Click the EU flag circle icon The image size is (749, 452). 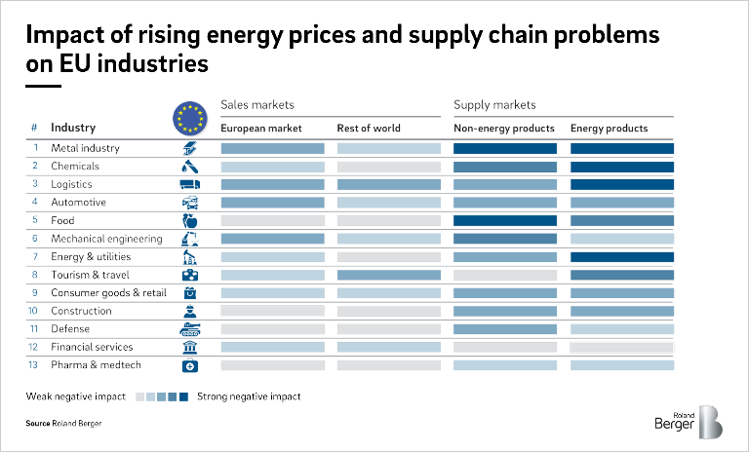pos(190,118)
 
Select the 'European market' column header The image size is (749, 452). pos(261,129)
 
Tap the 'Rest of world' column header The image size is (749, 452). pos(369,129)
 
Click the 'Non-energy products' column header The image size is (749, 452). pos(504,129)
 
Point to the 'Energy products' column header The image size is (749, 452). pos(609,129)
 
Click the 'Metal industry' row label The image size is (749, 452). pos(85,148)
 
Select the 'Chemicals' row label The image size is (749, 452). pos(74,167)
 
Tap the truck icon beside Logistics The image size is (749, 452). pos(190,185)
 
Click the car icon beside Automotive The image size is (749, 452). pos(190,203)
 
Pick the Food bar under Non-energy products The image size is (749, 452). pos(505,221)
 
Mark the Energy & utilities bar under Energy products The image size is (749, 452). pos(621,257)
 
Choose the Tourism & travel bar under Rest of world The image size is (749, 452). pos(388,276)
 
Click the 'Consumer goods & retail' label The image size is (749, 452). pos(108,293)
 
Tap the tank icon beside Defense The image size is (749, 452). pos(190,329)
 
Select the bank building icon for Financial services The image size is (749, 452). pos(190,348)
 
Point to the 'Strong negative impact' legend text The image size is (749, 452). pos(249,397)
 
